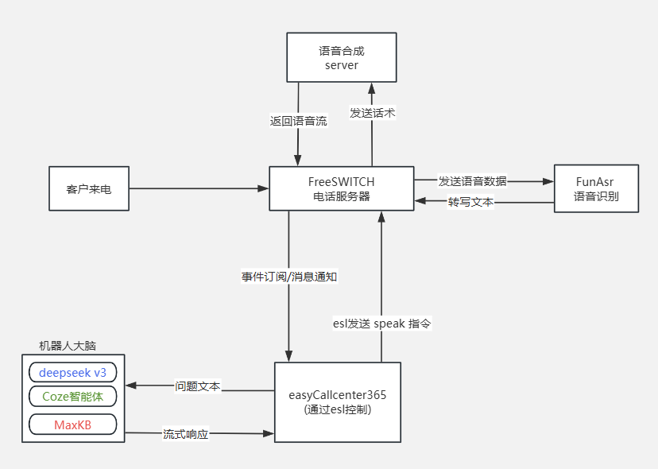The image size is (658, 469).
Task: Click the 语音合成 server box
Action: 342,57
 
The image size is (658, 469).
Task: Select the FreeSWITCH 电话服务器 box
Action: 341,188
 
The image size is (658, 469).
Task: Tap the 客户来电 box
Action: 88,188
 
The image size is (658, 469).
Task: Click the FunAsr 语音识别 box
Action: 596,188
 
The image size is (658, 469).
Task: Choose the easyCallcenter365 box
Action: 338,401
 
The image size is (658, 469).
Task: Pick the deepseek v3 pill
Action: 72,372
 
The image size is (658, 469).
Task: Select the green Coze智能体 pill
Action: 72,395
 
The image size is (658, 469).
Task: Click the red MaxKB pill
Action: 72,424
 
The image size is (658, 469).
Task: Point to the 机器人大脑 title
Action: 73,347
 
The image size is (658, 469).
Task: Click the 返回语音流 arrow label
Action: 298,121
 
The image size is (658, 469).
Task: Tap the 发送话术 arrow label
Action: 372,113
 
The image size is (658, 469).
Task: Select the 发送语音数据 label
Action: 472,180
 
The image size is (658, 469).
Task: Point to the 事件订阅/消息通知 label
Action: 290,277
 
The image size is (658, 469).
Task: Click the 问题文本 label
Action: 198,386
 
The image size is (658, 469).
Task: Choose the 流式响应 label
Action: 185,434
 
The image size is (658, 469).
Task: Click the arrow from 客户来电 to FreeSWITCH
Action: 199,188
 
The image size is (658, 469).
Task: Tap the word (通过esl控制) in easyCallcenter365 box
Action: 338,410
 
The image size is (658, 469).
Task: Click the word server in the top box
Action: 342,65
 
